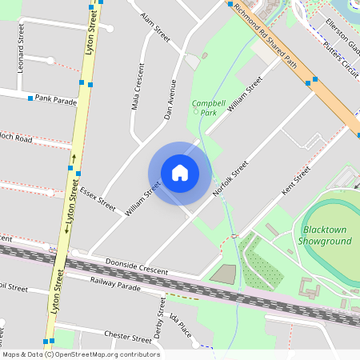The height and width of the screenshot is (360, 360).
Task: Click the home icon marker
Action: click(x=179, y=173)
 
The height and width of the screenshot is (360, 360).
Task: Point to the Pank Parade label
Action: click(x=55, y=101)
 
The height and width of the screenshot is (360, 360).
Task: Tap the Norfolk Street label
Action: click(x=230, y=180)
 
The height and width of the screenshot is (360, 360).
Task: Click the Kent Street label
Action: click(x=296, y=183)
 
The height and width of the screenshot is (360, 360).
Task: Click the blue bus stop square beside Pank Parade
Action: click(x=30, y=98)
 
